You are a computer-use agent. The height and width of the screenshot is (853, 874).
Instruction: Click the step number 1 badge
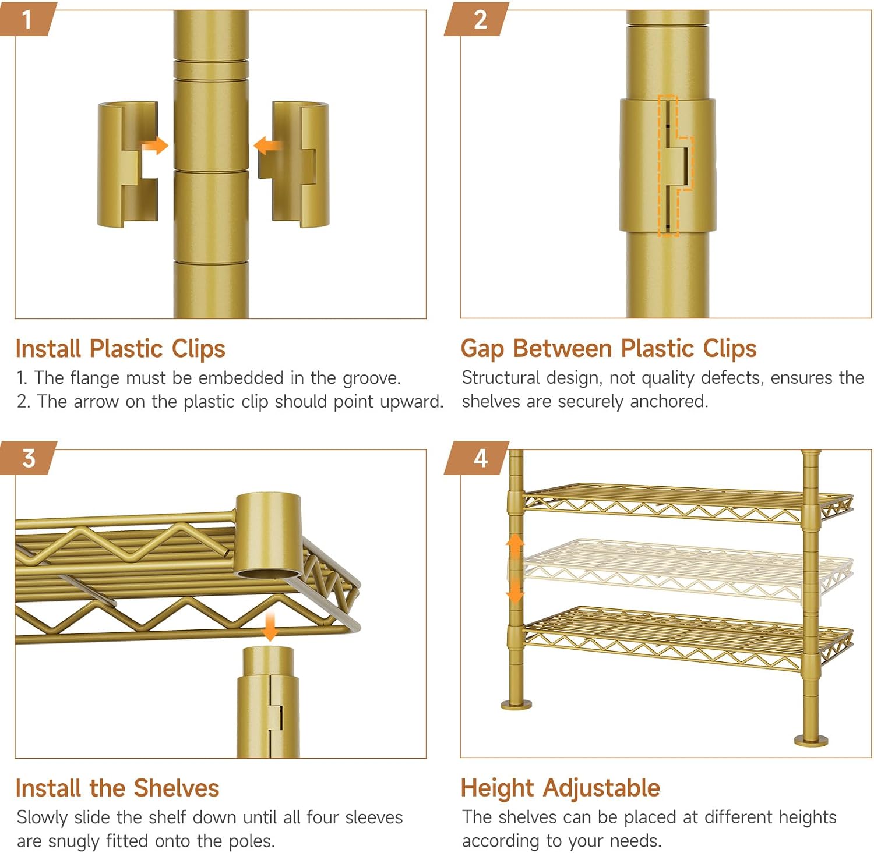[x=27, y=19]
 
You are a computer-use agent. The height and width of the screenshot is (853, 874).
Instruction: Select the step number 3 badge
[x=27, y=458]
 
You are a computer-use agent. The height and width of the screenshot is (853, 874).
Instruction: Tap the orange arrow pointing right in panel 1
[x=155, y=146]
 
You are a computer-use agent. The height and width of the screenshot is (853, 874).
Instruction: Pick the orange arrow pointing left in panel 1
[x=267, y=146]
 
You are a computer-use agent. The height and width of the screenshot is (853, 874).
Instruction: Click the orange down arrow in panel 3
[x=270, y=627]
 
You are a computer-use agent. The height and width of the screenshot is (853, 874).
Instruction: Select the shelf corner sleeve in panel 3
[x=268, y=536]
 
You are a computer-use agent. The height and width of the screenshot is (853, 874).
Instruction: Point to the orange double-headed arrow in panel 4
[x=514, y=568]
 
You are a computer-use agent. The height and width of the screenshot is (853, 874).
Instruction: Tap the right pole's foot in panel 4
[x=811, y=740]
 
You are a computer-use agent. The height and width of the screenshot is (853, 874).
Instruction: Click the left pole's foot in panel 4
[x=516, y=705]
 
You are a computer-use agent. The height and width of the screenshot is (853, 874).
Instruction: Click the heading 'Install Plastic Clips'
[x=121, y=349]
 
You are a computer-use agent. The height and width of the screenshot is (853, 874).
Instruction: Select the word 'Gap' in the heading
[x=482, y=349]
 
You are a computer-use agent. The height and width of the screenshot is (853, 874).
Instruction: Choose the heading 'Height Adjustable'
[x=560, y=788]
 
